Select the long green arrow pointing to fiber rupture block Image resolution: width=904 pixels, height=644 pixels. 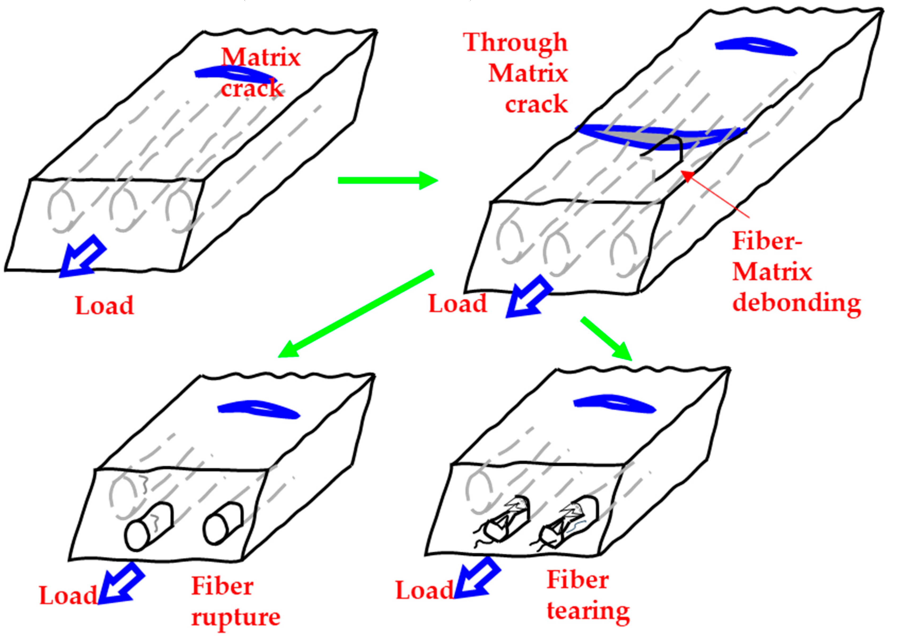(355, 314)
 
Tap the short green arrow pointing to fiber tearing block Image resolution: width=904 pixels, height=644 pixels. (606, 339)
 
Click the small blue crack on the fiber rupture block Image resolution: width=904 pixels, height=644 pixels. (258, 409)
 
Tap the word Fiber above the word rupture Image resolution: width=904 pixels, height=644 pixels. (222, 586)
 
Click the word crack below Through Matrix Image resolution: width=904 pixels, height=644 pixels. (536, 104)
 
